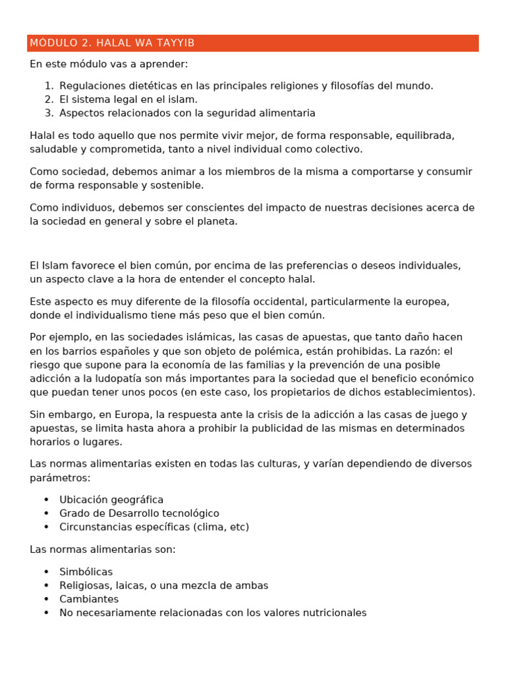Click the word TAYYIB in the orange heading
[x=173, y=43]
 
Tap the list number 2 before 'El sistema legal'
[x=49, y=99]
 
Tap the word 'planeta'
[x=215, y=222]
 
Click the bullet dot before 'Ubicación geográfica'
[x=46, y=500]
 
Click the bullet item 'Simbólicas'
[x=86, y=572]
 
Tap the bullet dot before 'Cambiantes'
[x=46, y=600]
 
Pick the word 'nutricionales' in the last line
[x=333, y=613]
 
